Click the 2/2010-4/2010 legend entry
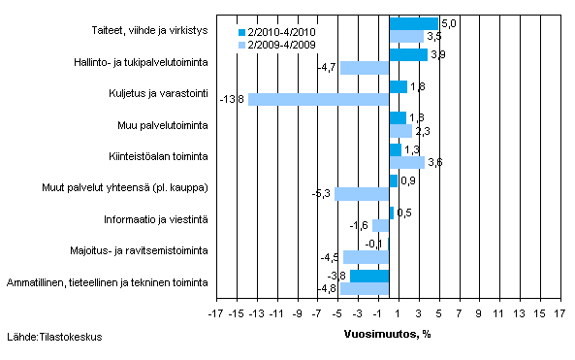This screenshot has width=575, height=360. pos(281,32)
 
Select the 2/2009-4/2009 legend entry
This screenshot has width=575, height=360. pos(281,44)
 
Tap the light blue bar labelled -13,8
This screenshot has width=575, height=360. pos(318,99)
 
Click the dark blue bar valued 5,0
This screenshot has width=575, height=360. pos(413,23)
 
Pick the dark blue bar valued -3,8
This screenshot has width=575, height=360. pos(369,277)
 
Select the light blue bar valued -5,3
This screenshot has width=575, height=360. pos(362,194)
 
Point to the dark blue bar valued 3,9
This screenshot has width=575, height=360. pos(408,55)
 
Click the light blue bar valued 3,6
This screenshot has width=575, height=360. pos(406,162)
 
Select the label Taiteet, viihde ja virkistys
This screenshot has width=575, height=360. pos(146,30)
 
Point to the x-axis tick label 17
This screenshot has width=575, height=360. pos(559,314)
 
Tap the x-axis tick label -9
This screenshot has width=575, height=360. pos(298,314)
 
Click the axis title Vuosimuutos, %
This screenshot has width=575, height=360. pos(388,334)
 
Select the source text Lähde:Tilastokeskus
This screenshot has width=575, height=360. pos(53,337)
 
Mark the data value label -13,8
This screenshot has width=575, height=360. pos(233,99)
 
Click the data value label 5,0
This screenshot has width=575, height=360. pos(447,22)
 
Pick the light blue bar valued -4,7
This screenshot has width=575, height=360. pos(365,68)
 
